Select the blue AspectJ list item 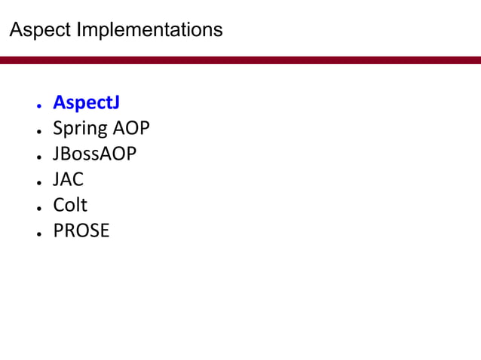(x=86, y=103)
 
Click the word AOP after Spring (x=131, y=129)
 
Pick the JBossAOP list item (x=94, y=154)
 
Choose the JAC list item (x=68, y=180)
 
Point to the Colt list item (x=70, y=205)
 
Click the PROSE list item (x=81, y=230)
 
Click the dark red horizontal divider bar (x=240, y=59)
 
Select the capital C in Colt (x=59, y=205)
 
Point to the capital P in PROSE (x=58, y=230)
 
